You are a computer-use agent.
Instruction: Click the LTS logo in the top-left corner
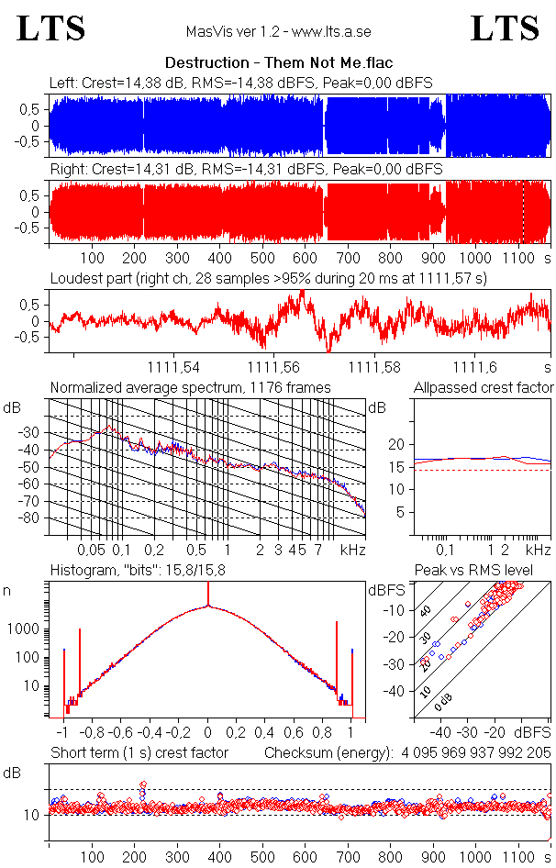(51, 28)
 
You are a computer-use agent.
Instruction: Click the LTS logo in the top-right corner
(505, 28)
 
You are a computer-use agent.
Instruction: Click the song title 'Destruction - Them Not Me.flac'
(278, 63)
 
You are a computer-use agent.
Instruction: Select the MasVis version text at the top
(278, 31)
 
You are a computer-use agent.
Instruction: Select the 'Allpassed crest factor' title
(484, 387)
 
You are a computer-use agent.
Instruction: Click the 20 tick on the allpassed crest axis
(396, 444)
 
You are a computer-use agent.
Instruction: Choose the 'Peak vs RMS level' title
(486, 571)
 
